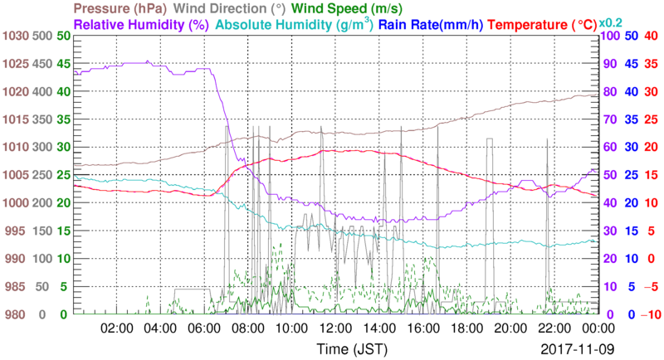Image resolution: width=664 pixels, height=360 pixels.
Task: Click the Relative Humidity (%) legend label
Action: click(140, 25)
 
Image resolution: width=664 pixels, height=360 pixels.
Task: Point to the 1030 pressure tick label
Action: click(17, 36)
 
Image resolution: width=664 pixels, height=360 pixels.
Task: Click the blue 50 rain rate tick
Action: click(630, 36)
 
